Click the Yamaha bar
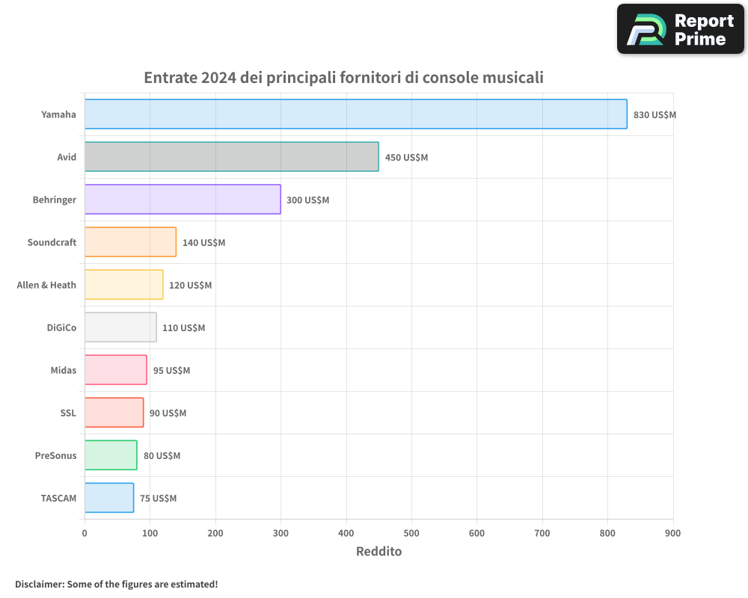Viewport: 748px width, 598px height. (355, 114)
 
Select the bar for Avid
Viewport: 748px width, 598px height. (231, 157)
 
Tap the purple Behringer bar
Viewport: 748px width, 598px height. (183, 200)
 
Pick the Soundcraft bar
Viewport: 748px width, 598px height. (130, 242)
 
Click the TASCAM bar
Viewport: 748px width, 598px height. (109, 498)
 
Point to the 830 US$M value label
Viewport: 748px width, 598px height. (654, 115)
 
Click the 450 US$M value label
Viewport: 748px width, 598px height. (406, 158)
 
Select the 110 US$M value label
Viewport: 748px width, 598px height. (183, 328)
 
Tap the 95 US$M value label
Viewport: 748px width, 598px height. (171, 371)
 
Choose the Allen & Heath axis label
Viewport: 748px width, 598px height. (46, 285)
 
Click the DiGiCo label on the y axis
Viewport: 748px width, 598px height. (61, 327)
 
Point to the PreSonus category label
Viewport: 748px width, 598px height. (55, 455)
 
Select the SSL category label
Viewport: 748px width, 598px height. (68, 413)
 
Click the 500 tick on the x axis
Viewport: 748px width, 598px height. (411, 533)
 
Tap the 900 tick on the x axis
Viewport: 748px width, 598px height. (672, 533)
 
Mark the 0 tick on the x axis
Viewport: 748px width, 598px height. (85, 533)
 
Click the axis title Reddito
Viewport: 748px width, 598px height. (378, 552)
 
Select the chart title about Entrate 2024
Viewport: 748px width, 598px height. (343, 77)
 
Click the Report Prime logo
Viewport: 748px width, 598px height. (681, 29)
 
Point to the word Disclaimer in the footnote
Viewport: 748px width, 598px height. (39, 584)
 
